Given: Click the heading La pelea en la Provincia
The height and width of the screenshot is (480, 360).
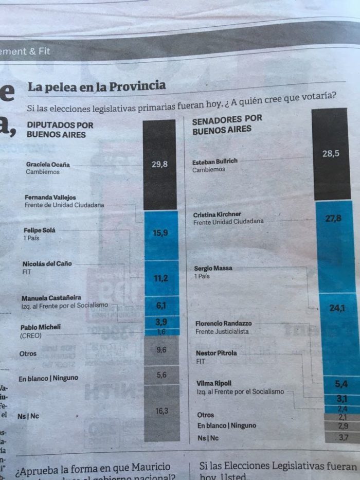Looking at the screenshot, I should point(97,86).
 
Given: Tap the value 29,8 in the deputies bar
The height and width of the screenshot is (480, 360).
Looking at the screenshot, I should point(160,165).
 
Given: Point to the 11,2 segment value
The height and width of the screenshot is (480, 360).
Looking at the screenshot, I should point(161,278).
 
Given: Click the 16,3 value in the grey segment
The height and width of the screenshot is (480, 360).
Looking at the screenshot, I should point(161,411).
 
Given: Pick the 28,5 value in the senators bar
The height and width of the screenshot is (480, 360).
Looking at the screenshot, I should point(331,153).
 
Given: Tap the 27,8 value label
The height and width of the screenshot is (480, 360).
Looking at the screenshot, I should point(333,218).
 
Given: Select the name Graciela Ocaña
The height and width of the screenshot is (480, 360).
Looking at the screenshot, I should point(48,165).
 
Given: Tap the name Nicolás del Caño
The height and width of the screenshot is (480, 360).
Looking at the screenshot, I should point(47,264).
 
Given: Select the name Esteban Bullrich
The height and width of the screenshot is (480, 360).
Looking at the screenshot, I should point(215,162).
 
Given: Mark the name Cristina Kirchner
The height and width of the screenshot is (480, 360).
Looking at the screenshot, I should point(217,214).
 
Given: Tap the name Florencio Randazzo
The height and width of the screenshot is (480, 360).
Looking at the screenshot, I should point(223,324).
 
